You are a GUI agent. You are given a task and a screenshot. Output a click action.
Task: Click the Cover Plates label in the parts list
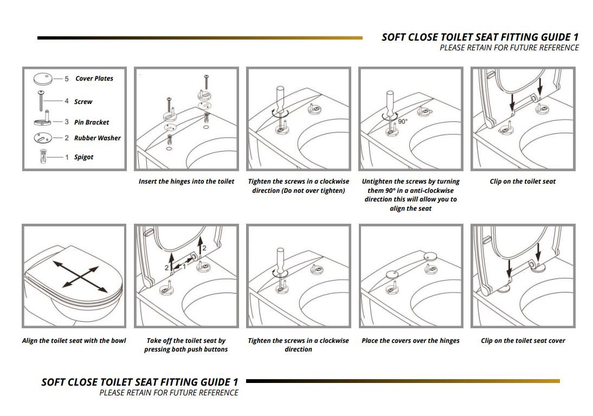click(x=94, y=79)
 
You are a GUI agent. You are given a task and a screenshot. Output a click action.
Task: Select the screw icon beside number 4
click(x=41, y=101)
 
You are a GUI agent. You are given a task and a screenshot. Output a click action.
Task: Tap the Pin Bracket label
click(x=92, y=122)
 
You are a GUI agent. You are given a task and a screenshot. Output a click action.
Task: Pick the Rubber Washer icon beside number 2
click(x=42, y=138)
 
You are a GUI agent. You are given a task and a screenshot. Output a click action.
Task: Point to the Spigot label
click(x=84, y=157)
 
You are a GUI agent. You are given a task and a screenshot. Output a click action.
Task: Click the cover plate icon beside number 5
click(x=42, y=79)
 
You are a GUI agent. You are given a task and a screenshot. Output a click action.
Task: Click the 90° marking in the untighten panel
click(x=403, y=122)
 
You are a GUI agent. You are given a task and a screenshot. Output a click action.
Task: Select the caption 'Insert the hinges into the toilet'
click(x=186, y=181)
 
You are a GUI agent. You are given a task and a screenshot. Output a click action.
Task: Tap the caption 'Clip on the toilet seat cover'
click(x=523, y=341)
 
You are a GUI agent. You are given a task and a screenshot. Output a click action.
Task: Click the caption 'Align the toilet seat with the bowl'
click(x=74, y=341)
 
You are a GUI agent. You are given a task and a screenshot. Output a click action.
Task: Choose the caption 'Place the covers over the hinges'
click(x=410, y=341)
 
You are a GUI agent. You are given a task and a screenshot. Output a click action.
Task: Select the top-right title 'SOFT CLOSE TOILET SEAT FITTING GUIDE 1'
click(x=480, y=37)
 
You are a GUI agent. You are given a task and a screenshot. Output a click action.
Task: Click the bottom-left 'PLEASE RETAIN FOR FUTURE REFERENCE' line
click(x=169, y=393)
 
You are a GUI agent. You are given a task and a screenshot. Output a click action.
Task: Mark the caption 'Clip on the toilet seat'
click(x=523, y=181)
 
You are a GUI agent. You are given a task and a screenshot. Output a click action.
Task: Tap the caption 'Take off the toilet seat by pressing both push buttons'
click(x=186, y=345)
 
